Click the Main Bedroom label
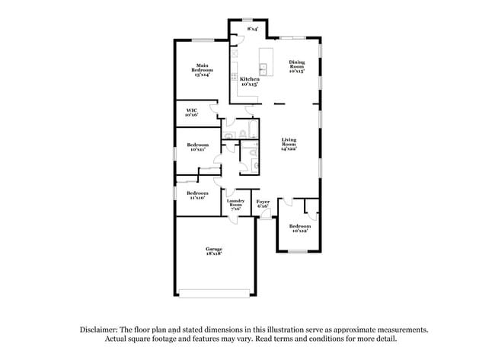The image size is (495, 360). point(202,67)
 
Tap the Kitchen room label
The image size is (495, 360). point(250,78)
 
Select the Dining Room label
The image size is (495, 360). point(297,64)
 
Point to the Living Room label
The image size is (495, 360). point(289,141)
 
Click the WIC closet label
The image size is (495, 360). point(192,110)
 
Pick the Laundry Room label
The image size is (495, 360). point(235,202)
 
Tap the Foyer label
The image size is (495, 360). point(263,201)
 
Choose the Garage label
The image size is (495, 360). point(212,249)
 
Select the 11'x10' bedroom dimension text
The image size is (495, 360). point(197,197)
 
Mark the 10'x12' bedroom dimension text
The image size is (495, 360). point(299,231)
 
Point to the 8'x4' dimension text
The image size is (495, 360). point(252,29)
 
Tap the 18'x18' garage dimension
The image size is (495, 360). point(212,254)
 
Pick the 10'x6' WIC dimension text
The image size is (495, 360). point(192,115)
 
